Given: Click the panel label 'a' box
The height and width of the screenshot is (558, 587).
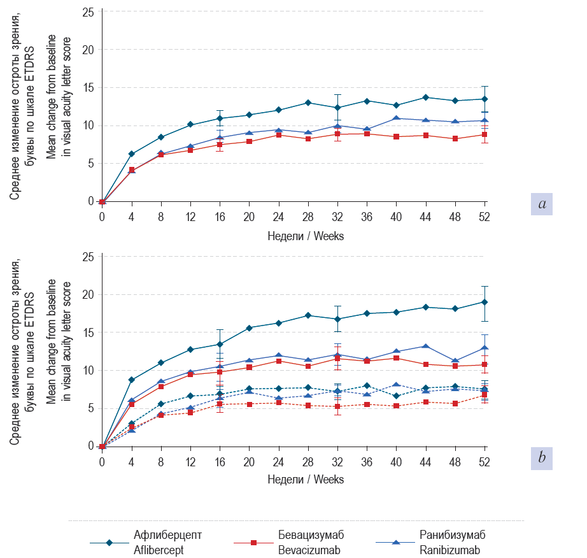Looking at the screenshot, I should point(542,204).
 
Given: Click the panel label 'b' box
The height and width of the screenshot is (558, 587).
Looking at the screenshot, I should point(542,457).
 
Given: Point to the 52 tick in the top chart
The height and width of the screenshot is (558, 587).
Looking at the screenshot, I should point(484,217).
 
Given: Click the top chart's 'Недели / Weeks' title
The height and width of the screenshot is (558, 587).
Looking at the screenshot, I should point(306,236).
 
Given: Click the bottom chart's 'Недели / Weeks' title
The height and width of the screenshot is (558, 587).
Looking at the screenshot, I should point(306,479).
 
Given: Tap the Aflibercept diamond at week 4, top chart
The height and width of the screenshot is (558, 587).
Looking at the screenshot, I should point(131,154).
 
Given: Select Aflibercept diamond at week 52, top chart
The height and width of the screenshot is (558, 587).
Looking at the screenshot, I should point(484,99).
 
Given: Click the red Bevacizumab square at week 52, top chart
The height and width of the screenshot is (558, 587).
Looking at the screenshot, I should point(484,134).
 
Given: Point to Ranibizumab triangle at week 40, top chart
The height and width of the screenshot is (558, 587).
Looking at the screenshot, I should point(396,118).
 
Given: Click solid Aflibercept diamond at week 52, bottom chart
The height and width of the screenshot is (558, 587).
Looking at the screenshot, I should point(484,302).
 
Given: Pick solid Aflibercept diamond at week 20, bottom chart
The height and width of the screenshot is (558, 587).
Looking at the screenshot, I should point(249,328).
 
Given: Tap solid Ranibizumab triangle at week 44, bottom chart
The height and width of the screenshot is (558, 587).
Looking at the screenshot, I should point(425,347).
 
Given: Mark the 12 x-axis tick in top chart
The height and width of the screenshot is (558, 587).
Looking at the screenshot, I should point(190,217).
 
